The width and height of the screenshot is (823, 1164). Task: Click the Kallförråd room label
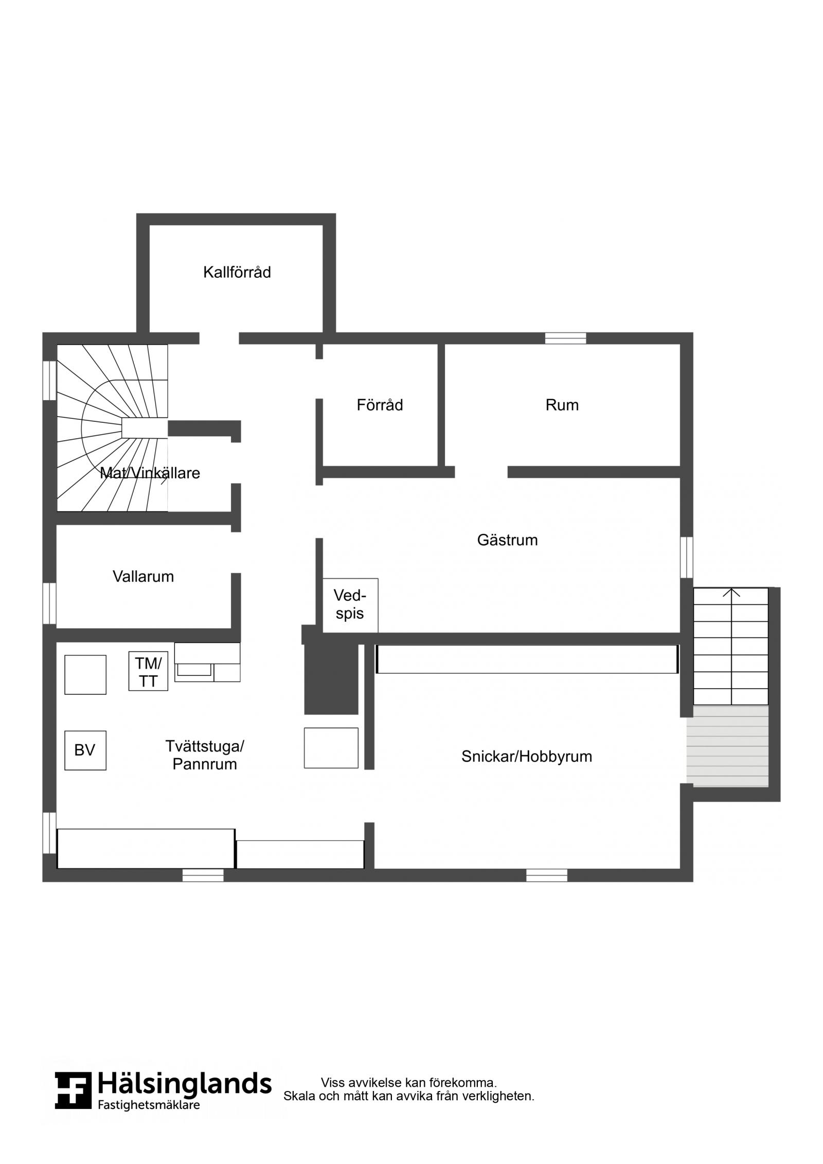click(237, 272)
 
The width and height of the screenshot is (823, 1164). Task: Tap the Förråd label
click(380, 405)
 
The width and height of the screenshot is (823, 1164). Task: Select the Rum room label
click(562, 405)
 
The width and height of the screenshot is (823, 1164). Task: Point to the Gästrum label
click(507, 540)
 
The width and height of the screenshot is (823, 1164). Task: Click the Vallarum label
click(143, 577)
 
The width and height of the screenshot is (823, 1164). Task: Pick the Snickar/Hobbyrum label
click(526, 757)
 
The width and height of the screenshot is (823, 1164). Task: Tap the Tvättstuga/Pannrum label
click(205, 755)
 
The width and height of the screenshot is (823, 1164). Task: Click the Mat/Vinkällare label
click(150, 473)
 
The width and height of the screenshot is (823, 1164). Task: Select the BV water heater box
click(85, 750)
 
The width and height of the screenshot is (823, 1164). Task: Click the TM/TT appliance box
click(148, 671)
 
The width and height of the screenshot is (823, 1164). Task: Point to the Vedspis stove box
click(350, 605)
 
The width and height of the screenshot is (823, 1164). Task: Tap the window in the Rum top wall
click(565, 338)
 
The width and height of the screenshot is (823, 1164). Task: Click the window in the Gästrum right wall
click(686, 557)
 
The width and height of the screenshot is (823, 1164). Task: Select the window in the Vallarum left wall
click(49, 604)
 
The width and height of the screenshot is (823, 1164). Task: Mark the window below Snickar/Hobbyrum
click(546, 875)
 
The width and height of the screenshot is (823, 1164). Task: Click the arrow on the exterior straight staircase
click(731, 646)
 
